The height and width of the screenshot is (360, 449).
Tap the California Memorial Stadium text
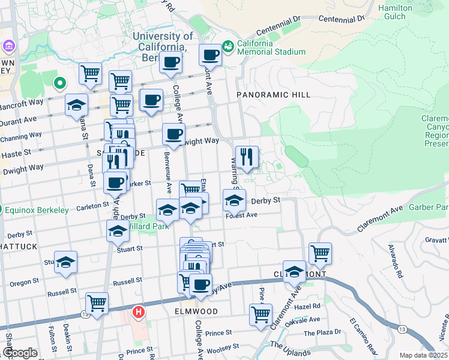tap(271, 47)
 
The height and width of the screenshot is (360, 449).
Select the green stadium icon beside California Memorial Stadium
tap(228, 46)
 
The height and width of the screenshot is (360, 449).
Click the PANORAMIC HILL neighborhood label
tap(273, 95)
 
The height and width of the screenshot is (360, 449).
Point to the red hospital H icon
tap(139, 312)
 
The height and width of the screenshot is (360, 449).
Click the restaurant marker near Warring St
tap(247, 158)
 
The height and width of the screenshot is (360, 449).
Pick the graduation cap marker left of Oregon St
tap(65, 262)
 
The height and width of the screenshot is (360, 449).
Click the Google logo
tap(20, 353)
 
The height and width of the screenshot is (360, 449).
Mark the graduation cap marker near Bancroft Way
tap(77, 105)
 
